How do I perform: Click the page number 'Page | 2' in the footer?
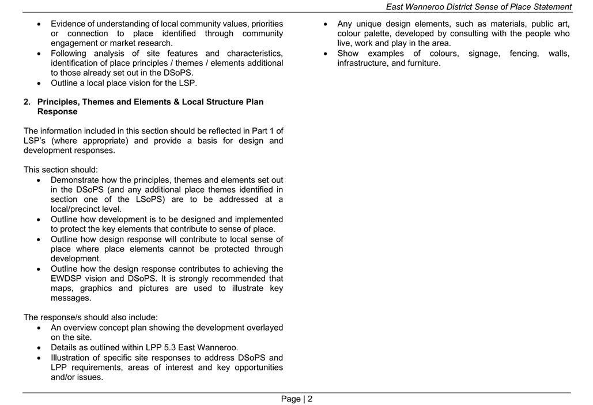point(297,399)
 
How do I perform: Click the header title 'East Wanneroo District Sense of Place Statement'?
point(478,7)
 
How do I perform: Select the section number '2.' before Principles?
point(27,102)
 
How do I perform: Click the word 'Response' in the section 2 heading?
point(57,112)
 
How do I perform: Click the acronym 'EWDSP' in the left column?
point(67,279)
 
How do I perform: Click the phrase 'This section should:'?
point(61,170)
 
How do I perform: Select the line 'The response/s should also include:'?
point(90,317)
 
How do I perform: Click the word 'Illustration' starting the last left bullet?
point(72,358)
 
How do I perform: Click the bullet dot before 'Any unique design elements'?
point(326,24)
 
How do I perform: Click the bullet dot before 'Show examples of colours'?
point(326,54)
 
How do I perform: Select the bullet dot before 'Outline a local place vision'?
point(39,83)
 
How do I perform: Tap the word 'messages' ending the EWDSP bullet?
point(70,298)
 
